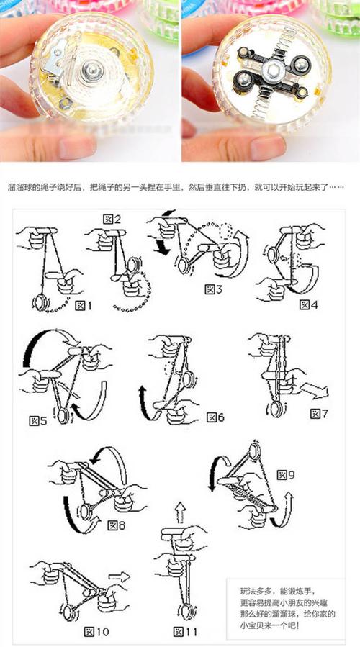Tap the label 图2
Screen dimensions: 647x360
tap(112, 219)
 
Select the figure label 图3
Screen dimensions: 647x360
tap(214, 289)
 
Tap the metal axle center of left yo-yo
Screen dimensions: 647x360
tap(94, 70)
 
